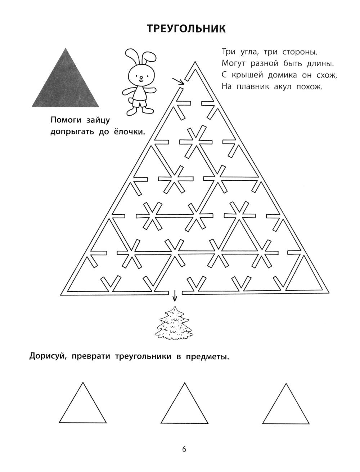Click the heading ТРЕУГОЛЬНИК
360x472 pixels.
[x=186, y=28]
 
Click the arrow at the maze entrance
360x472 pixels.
[x=178, y=81]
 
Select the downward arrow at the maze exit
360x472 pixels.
[x=175, y=296]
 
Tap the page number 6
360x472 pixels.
[x=184, y=449]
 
